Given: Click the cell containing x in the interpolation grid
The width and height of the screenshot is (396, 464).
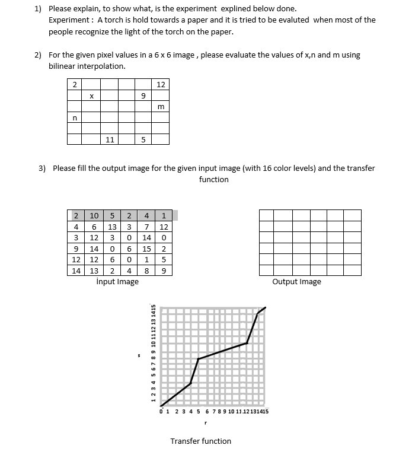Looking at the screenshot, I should pyautogui.click(x=91, y=96).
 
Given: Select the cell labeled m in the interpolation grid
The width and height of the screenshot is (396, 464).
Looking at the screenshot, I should pyautogui.click(x=161, y=107).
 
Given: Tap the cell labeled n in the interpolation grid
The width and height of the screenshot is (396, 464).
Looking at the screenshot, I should pyautogui.click(x=74, y=118).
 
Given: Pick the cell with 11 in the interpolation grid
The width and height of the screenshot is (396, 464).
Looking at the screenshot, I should pyautogui.click(x=109, y=140).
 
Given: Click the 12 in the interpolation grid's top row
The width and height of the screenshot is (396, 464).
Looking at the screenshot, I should pyautogui.click(x=161, y=84).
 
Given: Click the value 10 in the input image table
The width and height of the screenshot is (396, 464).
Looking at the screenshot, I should pyautogui.click(x=94, y=215).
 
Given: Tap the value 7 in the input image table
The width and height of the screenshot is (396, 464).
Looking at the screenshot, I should pyautogui.click(x=146, y=226).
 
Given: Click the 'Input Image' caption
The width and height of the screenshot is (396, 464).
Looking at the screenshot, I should pyautogui.click(x=117, y=281).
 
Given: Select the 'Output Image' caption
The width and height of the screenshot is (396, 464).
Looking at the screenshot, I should pyautogui.click(x=296, y=281).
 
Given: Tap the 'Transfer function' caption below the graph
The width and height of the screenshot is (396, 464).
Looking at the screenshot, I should pyautogui.click(x=201, y=441).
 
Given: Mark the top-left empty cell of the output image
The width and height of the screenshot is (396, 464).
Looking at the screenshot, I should pyautogui.click(x=266, y=215).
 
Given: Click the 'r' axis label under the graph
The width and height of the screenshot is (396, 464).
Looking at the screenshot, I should pyautogui.click(x=205, y=424).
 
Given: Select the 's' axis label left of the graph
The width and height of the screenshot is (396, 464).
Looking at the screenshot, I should pyautogui.click(x=139, y=356).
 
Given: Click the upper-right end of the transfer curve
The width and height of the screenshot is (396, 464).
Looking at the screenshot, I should pyautogui.click(x=265, y=308).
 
